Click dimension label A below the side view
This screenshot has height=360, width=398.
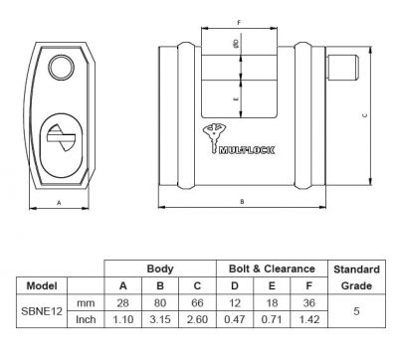point(59,201)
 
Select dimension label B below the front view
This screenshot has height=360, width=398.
point(242,201)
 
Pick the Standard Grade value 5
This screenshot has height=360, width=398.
point(355,310)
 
